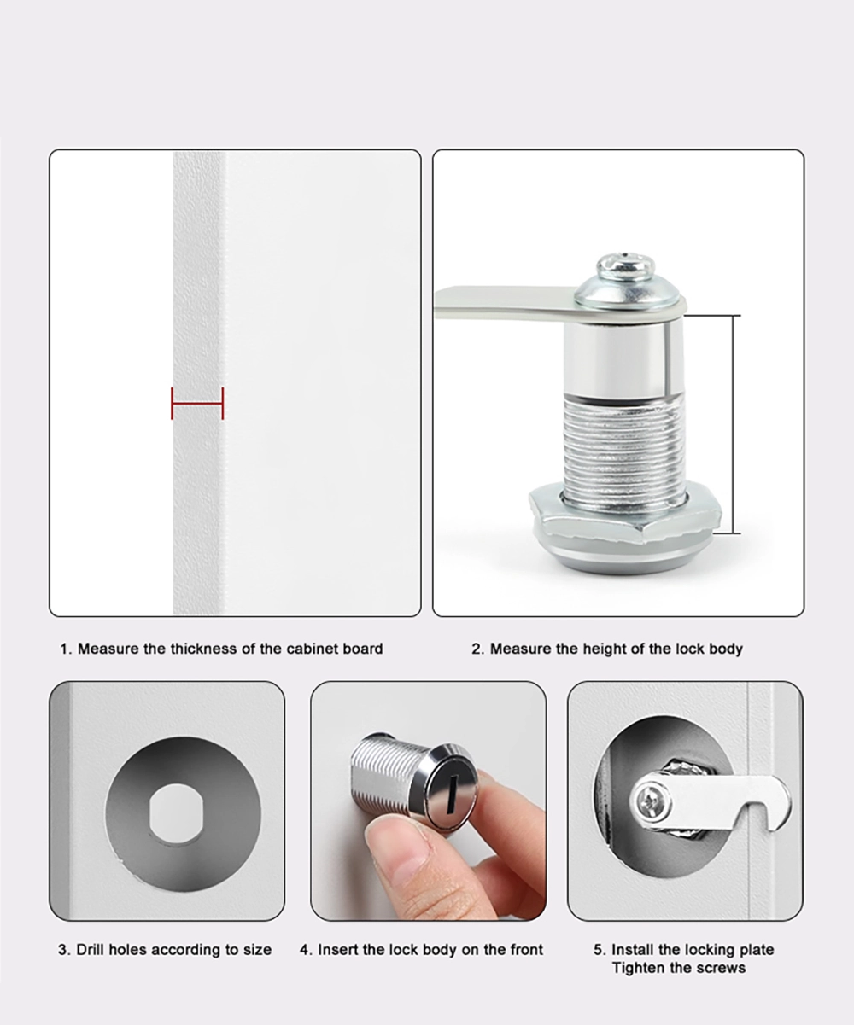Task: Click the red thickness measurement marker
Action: (x=197, y=403)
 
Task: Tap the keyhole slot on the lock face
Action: (x=447, y=787)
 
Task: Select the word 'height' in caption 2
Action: (x=603, y=649)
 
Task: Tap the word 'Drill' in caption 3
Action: (x=91, y=949)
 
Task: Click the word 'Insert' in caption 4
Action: (x=338, y=949)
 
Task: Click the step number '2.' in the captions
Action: (x=477, y=649)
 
